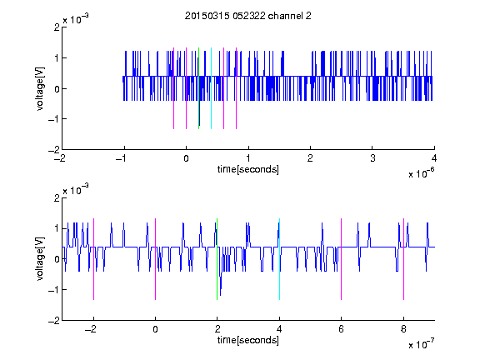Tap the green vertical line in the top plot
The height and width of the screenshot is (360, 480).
(198, 88)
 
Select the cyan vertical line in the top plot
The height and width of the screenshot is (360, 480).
(211, 88)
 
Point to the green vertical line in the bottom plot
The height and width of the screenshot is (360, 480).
(217, 259)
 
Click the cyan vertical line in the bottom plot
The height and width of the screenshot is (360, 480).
(279, 259)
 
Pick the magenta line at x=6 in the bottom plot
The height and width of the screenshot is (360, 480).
(342, 259)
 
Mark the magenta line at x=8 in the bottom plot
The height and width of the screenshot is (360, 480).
(404, 259)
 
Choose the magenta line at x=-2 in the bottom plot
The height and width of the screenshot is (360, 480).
(93, 259)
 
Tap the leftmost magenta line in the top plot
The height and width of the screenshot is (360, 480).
(174, 88)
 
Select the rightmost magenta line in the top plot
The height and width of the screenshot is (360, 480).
(237, 88)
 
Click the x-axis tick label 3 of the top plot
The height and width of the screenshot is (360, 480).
(372, 158)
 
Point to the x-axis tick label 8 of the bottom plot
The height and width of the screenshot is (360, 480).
(404, 329)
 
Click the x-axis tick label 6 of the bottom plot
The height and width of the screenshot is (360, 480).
(342, 329)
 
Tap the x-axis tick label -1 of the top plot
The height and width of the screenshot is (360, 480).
(122, 158)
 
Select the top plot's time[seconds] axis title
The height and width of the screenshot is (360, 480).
(248, 169)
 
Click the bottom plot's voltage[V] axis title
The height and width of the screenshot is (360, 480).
(40, 259)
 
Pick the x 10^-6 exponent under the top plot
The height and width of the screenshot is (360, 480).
(421, 173)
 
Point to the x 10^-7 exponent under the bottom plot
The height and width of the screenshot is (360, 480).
(421, 344)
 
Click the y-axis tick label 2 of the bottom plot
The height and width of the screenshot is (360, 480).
(57, 197)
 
